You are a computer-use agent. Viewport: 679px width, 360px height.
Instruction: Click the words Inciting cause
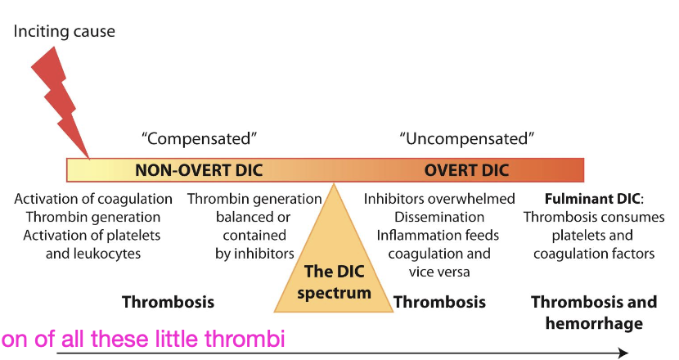65,32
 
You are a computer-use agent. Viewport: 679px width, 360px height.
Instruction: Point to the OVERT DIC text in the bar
466,170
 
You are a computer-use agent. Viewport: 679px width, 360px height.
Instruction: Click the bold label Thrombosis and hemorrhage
593,312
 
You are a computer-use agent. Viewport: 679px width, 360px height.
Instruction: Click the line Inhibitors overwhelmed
439,199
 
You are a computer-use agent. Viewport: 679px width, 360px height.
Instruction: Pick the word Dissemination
439,217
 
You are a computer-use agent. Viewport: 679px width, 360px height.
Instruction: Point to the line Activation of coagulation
93,199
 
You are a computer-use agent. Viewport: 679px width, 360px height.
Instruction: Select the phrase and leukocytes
93,253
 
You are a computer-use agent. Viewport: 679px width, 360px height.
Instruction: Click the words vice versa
439,271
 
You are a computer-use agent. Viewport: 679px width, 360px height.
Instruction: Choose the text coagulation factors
593,253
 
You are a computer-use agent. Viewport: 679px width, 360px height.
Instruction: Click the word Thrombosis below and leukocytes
168,302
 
